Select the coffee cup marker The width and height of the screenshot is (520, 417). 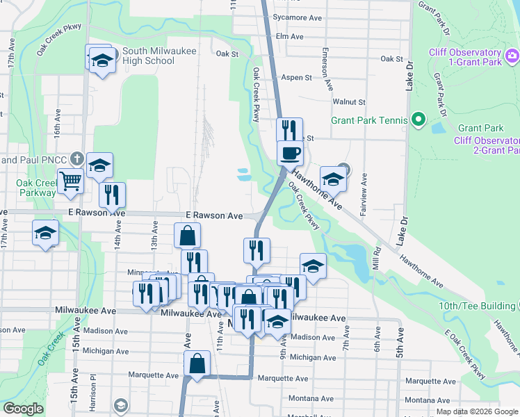[x=289, y=152]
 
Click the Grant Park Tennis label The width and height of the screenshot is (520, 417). [x=369, y=120]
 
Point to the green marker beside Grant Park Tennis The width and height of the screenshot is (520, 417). [x=418, y=120]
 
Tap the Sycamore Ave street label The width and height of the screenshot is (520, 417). [x=300, y=17]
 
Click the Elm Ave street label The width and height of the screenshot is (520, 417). [x=290, y=36]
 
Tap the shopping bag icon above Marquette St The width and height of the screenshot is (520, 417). [x=197, y=363]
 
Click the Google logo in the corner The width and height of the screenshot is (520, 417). [x=23, y=409]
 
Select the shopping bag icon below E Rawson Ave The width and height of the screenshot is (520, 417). [x=188, y=235]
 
